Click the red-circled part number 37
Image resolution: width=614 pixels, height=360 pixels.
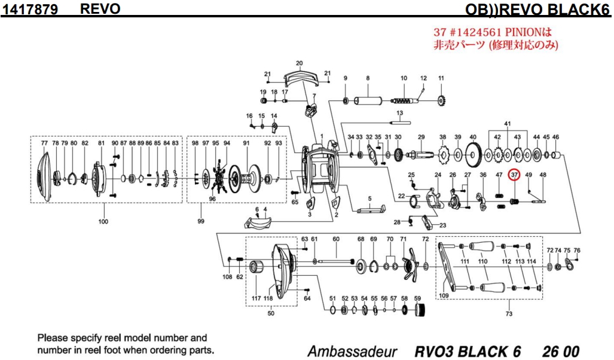pos(514,175)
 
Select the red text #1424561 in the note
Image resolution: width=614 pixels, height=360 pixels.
pos(476,32)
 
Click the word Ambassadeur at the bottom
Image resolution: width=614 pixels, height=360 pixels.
pos(352,350)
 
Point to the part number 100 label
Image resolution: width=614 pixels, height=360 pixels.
pos(103,222)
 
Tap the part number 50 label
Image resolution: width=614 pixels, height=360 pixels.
pos(270,313)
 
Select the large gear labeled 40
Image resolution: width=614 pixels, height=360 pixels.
pos(472,156)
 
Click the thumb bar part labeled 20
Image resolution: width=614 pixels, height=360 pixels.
pos(300,76)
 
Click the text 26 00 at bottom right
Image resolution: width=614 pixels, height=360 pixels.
pos(561,350)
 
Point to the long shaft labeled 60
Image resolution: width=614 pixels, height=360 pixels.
pos(335,261)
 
